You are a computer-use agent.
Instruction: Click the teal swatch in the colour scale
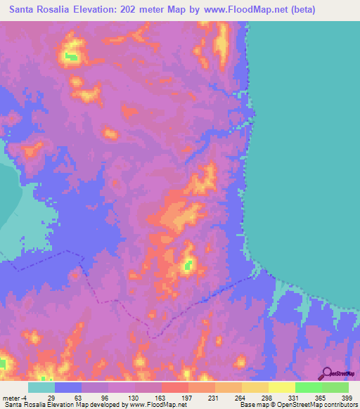[x=41, y=387]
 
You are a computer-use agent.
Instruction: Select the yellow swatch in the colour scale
[x=281, y=387]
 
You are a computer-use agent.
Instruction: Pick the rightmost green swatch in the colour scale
[x=335, y=387]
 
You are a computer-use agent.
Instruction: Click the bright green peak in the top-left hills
[x=70, y=56]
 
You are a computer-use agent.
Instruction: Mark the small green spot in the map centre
[x=188, y=266]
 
